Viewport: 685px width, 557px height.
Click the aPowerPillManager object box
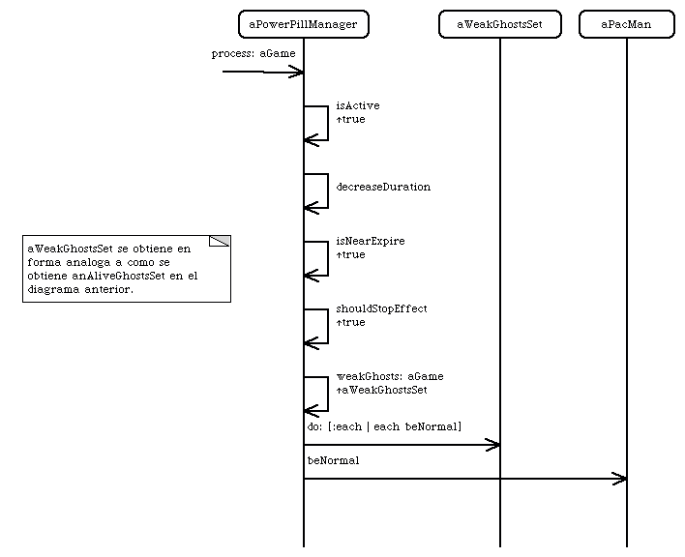point(304,24)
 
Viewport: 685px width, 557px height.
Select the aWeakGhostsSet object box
point(500,24)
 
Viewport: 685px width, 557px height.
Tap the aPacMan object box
point(627,24)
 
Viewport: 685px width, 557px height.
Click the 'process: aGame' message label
point(253,53)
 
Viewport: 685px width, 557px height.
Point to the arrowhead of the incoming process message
point(297,72)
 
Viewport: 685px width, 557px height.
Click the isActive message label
point(358,105)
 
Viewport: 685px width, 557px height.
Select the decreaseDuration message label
point(383,187)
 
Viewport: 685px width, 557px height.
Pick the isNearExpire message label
point(371,241)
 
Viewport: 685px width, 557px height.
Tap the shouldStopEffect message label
point(381,308)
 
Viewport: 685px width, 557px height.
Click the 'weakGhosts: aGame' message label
point(390,376)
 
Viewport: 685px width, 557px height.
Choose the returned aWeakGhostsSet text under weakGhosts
point(382,390)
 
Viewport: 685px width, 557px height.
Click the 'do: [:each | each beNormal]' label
point(384,426)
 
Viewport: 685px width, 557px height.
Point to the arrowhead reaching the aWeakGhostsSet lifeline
point(493,445)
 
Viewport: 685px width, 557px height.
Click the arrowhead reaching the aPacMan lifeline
point(620,479)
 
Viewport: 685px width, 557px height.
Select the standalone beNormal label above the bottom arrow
point(334,460)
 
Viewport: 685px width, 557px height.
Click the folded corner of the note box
point(220,241)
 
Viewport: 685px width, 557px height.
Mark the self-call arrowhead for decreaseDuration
point(311,208)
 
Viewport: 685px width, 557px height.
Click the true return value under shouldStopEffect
point(351,322)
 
